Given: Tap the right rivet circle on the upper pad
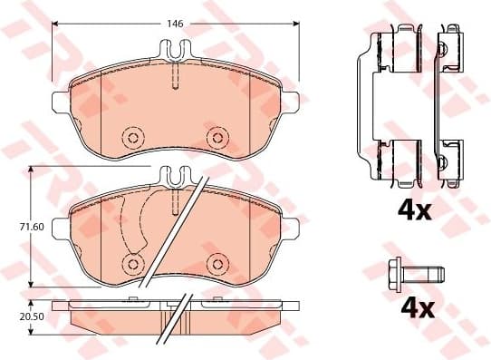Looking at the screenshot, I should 217,138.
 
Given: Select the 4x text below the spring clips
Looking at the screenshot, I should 417,210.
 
